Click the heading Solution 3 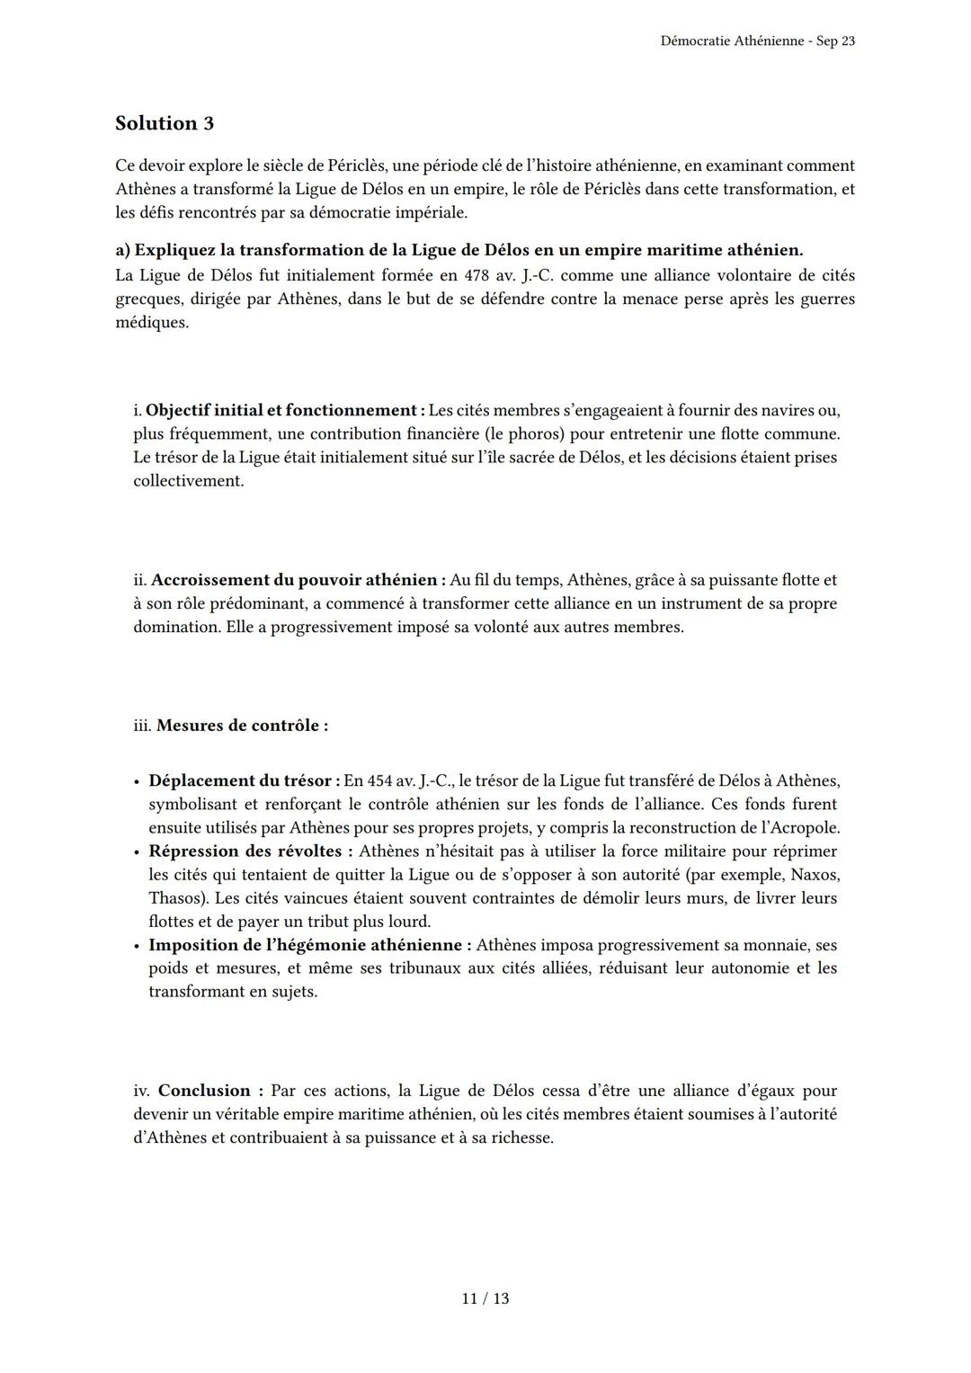[x=165, y=123]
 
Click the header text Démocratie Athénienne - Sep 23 [x=757, y=41]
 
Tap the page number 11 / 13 [x=485, y=1298]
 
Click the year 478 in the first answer [x=477, y=275]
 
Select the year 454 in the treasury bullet [x=380, y=780]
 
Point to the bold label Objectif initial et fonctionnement [x=284, y=410]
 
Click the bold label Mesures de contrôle [x=241, y=725]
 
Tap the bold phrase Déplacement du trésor [x=244, y=780]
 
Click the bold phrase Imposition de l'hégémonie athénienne [x=309, y=945]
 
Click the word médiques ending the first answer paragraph [x=151, y=322]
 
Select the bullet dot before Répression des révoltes [x=136, y=851]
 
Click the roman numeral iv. [x=141, y=1091]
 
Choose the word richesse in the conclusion [x=520, y=1137]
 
